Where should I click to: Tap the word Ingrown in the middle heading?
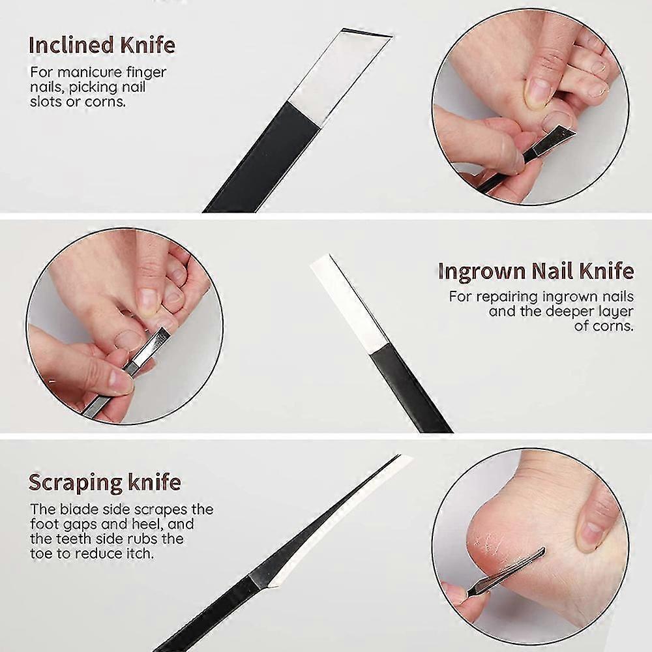[482, 271]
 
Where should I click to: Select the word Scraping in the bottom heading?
[71, 482]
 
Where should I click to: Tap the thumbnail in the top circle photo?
[539, 91]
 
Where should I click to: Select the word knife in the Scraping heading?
[153, 482]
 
